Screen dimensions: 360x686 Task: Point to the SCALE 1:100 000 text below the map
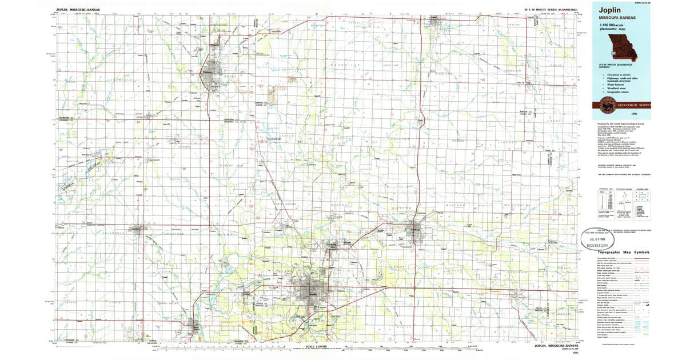pos(315,346)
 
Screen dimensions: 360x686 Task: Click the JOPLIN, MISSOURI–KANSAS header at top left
pos(77,10)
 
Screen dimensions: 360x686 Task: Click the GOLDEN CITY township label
pos(513,71)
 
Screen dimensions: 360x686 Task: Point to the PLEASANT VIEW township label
pos(232,165)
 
